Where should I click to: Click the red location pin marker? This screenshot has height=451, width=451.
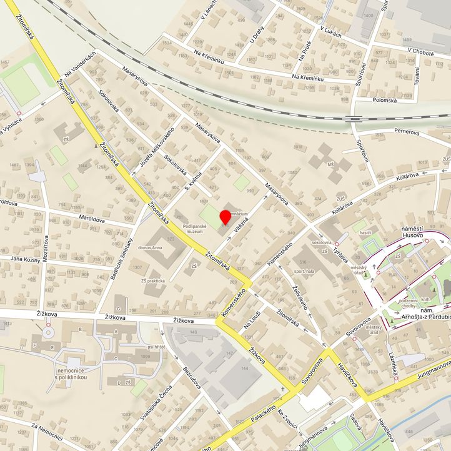coord(225,218)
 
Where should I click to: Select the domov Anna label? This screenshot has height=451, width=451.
coord(151,247)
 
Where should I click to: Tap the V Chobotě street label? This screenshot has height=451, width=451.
coord(420,53)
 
